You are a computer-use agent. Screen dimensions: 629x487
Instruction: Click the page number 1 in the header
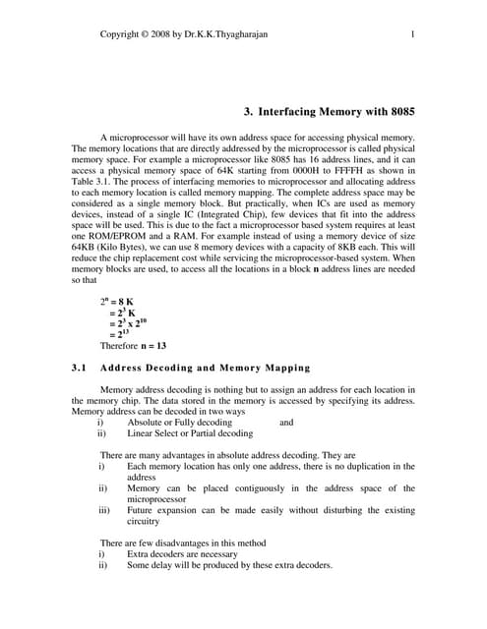pos(412,35)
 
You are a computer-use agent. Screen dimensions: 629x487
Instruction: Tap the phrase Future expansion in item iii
pos(163,511)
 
